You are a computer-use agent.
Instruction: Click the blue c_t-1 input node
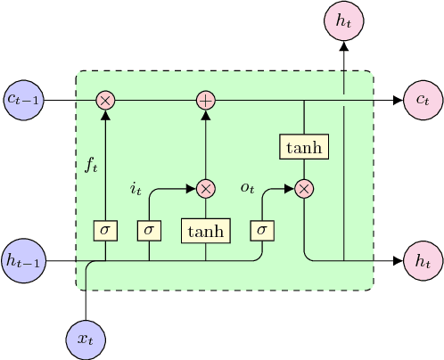pyautogui.click(x=23, y=100)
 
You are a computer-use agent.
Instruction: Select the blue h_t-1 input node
pyautogui.click(x=23, y=261)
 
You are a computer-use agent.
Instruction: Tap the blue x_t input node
pyautogui.click(x=86, y=339)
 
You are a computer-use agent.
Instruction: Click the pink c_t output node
pyautogui.click(x=422, y=100)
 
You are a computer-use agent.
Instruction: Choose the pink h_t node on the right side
pyautogui.click(x=422, y=261)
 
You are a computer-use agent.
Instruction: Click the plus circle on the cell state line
pyautogui.click(x=206, y=100)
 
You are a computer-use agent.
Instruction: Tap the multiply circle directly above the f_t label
pyautogui.click(x=106, y=100)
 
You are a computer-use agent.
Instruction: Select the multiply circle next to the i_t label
pyautogui.click(x=206, y=188)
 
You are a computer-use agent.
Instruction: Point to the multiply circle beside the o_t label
pyautogui.click(x=305, y=188)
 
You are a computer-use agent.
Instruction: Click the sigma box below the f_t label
pyautogui.click(x=106, y=231)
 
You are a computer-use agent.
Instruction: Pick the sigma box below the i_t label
pyautogui.click(x=149, y=231)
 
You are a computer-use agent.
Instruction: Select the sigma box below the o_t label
pyautogui.click(x=262, y=231)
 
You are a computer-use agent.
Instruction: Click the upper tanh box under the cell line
pyautogui.click(x=305, y=146)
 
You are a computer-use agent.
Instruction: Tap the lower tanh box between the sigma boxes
pyautogui.click(x=206, y=231)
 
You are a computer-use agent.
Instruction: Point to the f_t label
pyautogui.click(x=91, y=164)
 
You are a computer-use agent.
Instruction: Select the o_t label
pyautogui.click(x=248, y=187)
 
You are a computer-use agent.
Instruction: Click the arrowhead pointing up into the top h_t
pyautogui.click(x=344, y=46)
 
